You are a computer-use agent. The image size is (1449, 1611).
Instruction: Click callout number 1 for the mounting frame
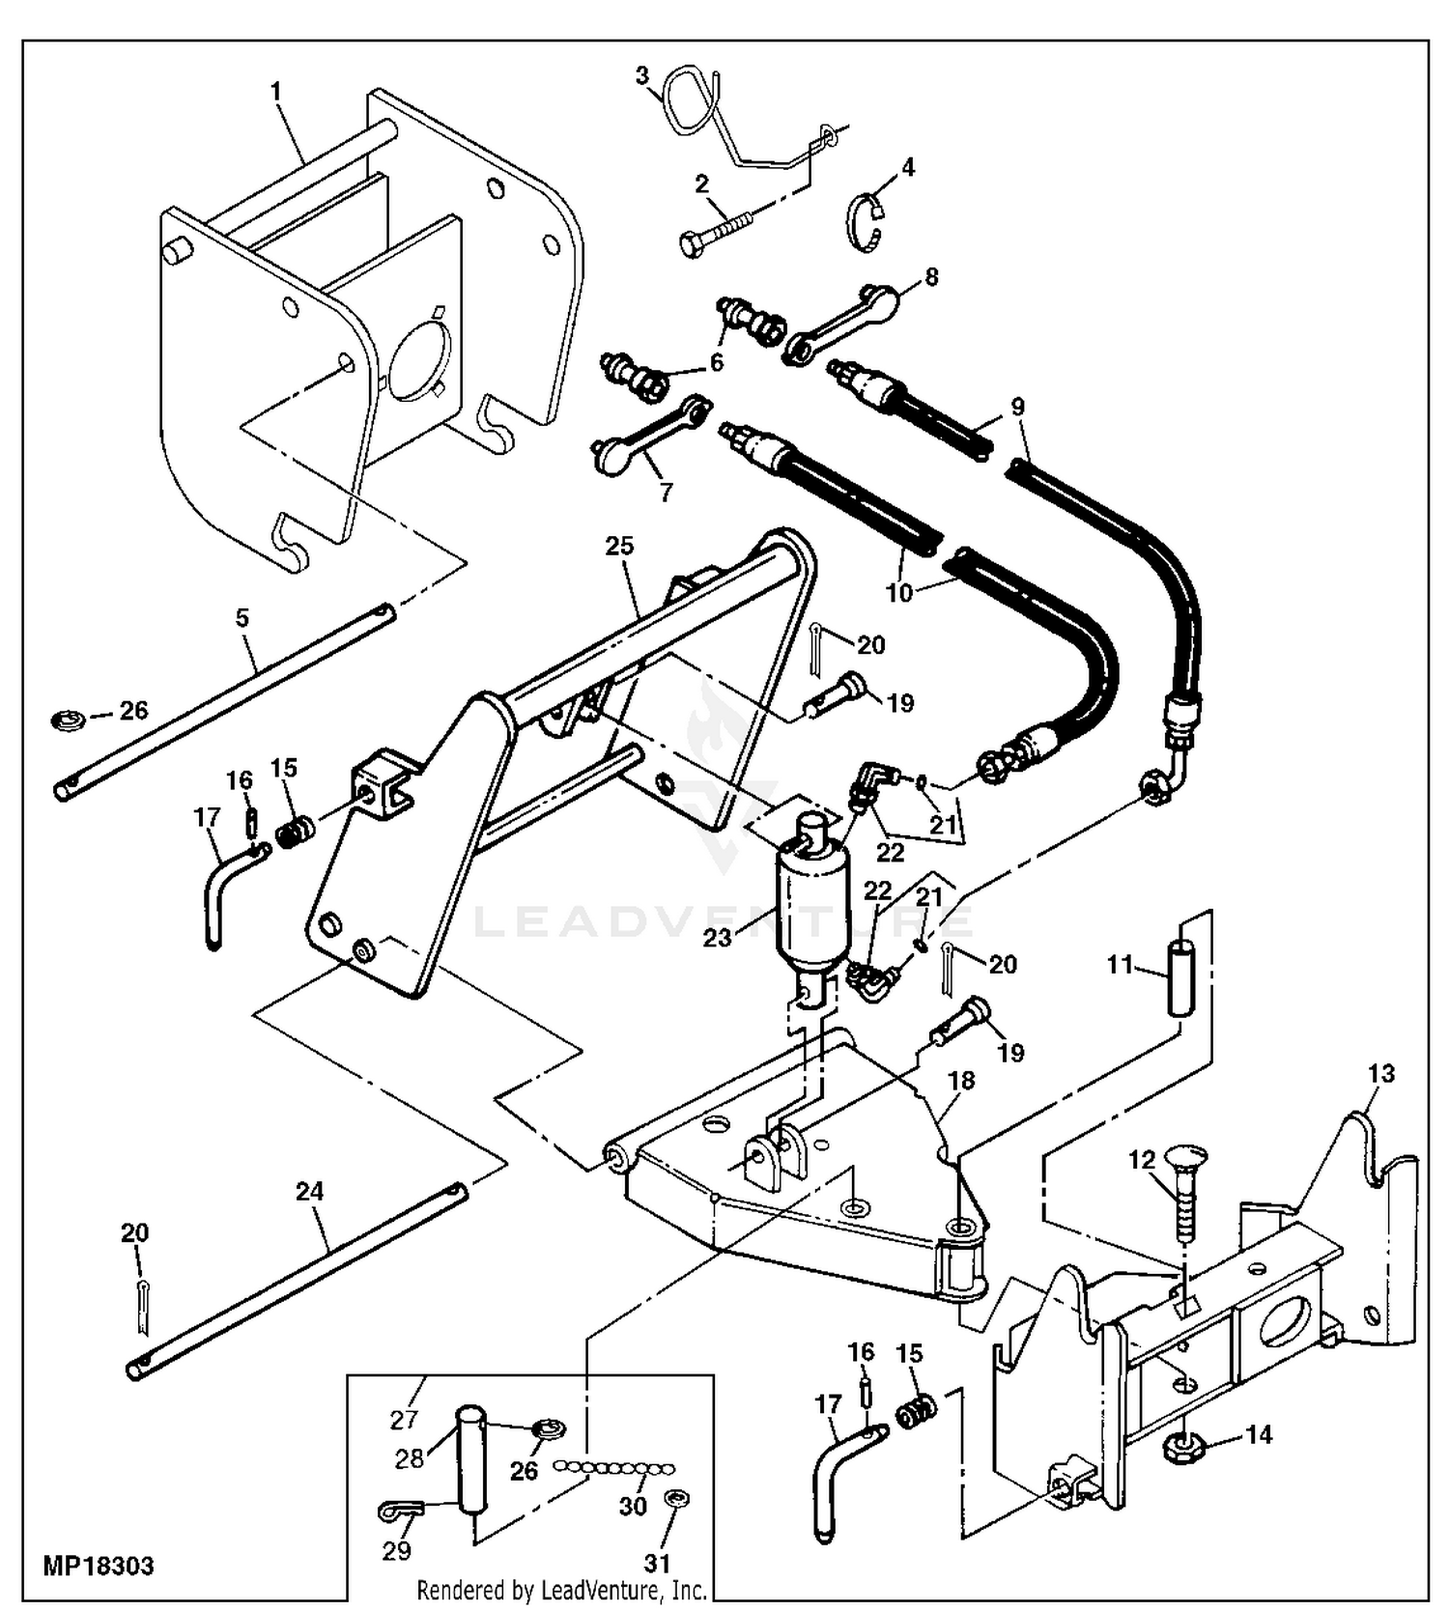276,91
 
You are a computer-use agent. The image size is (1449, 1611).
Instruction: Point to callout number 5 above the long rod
242,617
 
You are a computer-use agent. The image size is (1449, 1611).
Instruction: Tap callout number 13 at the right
1381,1073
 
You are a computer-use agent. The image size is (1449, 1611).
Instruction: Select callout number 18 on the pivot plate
961,1081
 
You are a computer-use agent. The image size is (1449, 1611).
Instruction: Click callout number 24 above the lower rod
309,1192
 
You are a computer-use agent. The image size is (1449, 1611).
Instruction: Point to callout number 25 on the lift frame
619,546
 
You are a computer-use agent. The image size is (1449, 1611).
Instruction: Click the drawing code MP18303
99,1566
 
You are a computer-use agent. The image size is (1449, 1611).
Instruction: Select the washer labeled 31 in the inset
675,1499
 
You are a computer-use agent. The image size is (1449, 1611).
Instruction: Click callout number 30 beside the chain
633,1506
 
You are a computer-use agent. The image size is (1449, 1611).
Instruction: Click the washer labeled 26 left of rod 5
67,720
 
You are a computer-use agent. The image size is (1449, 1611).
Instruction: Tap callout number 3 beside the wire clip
642,75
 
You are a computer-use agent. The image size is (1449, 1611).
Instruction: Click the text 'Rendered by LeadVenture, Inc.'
561,1589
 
